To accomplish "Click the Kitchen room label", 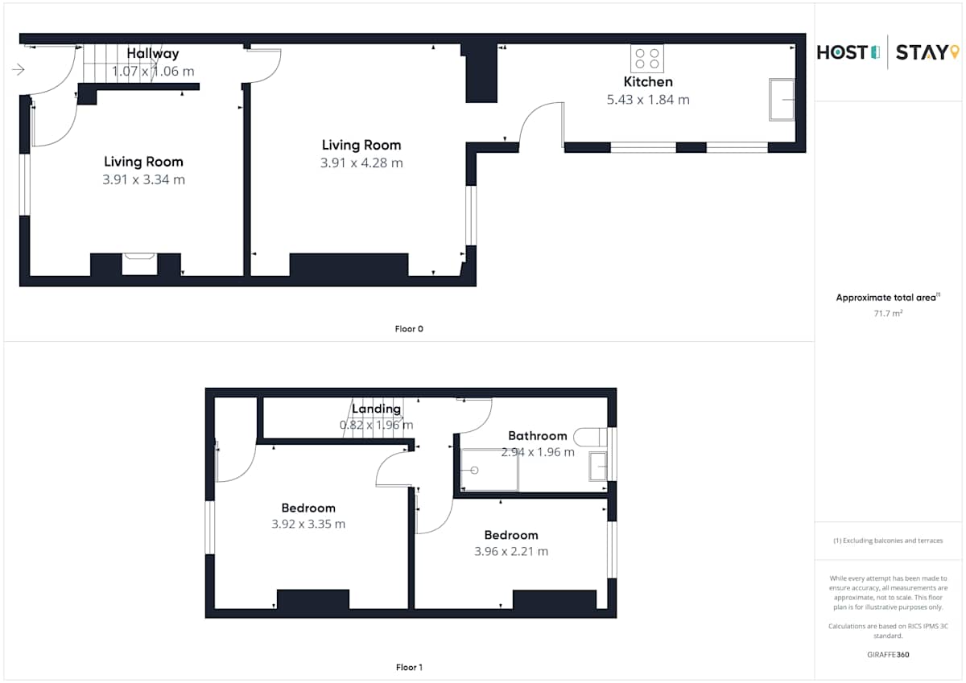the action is pos(648,81).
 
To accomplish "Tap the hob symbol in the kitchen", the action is pos(647,59).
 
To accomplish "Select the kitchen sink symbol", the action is pos(782,100).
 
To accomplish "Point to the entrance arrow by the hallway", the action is pos(18,69).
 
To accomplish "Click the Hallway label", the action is pos(153,53).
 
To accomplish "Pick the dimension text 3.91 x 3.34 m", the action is pos(143,179).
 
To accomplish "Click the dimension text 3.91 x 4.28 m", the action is pos(361,163).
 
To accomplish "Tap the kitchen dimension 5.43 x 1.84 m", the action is pos(648,100).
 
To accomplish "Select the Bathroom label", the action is pos(538,436).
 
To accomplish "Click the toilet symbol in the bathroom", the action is pos(590,437).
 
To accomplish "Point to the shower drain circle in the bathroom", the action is pos(474,470).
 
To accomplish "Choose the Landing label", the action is pos(376,409).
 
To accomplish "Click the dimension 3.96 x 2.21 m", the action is pos(511,551).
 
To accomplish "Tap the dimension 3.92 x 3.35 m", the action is pos(308,524).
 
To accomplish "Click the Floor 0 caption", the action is pos(409,329).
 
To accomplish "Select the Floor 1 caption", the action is pos(409,667).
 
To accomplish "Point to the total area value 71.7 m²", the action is pos(887,313).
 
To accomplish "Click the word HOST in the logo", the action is pos(842,52).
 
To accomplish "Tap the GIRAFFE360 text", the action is pos(888,655).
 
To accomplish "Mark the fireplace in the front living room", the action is pos(139,264).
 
